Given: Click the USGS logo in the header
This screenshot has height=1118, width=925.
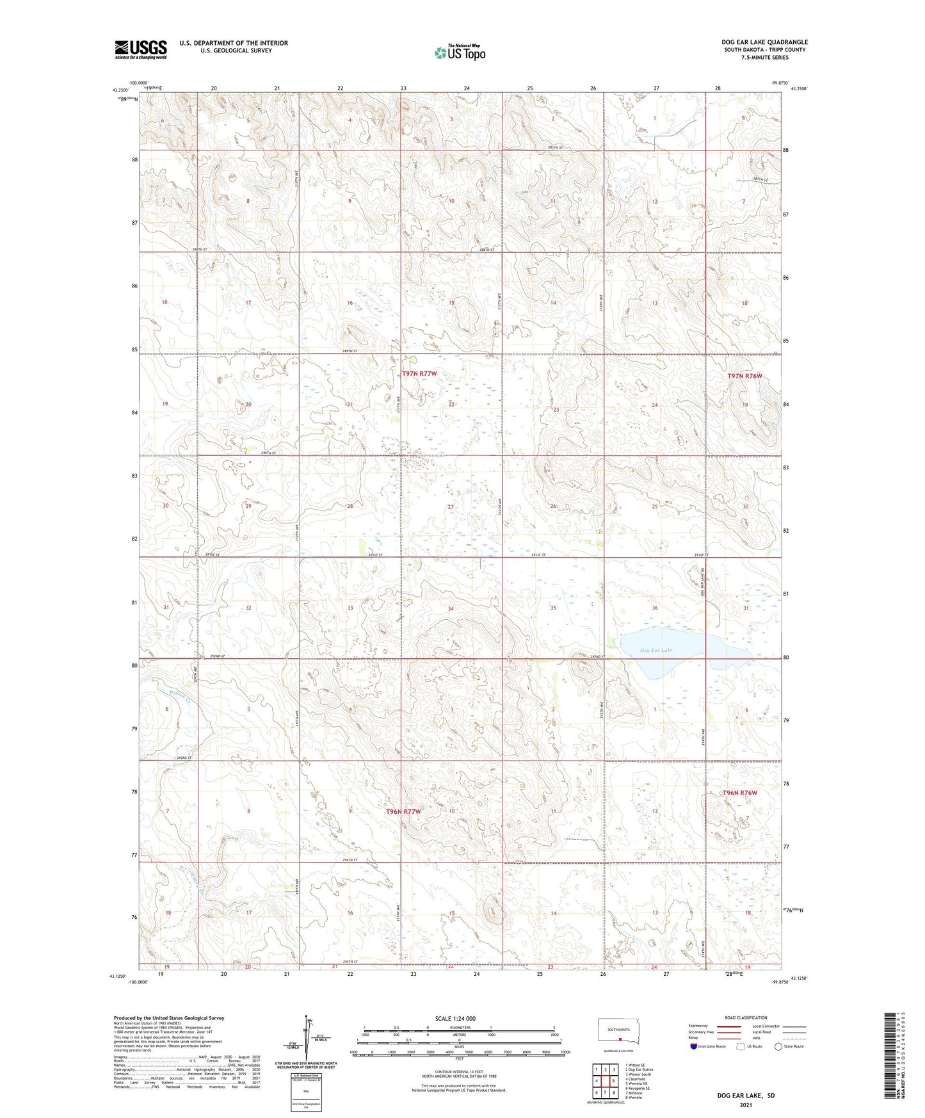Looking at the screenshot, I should pos(141,49).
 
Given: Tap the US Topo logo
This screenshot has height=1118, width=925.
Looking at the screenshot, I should pos(459,52).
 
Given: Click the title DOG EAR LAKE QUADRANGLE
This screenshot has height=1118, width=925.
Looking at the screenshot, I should pos(764,42).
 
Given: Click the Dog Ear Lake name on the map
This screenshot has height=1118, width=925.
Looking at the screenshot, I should pos(656,651).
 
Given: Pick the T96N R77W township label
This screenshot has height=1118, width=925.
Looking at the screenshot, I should pos(403,812).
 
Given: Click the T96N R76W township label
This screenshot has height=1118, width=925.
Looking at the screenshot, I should pos(739,793).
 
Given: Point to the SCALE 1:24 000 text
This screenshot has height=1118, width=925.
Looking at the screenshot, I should pos(455,1018).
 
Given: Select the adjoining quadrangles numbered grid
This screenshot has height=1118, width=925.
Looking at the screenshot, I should pos(605,1081).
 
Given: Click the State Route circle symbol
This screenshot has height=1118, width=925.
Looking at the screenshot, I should pos(778,1046).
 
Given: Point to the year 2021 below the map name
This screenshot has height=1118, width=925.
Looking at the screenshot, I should pos(745,1105).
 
